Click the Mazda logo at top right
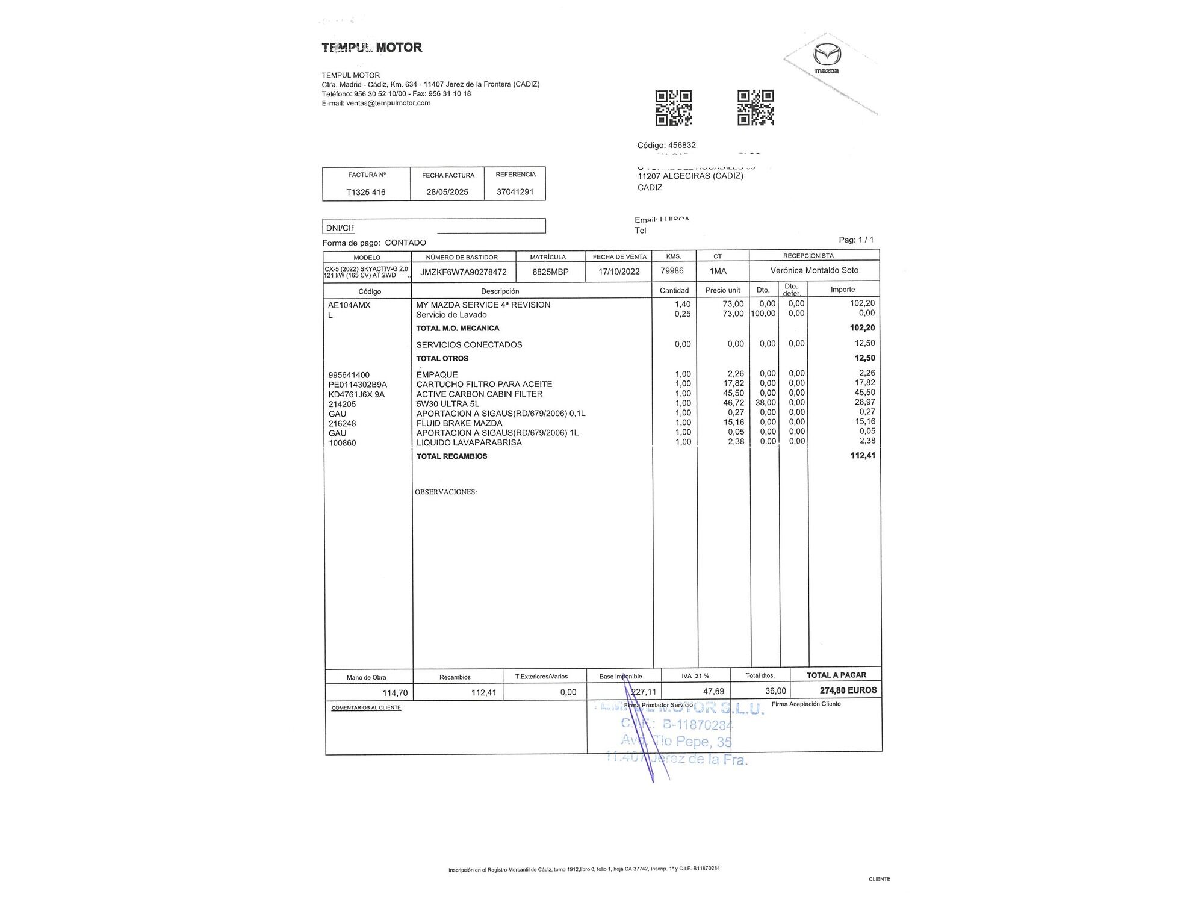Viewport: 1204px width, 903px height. [x=827, y=58]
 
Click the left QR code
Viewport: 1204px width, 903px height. [x=673, y=108]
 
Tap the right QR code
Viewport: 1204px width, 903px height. [x=756, y=108]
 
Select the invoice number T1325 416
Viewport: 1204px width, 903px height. [x=366, y=193]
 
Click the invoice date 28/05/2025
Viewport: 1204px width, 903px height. [x=447, y=193]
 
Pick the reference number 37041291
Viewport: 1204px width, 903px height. [x=515, y=193]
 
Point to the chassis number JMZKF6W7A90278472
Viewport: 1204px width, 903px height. [x=464, y=272]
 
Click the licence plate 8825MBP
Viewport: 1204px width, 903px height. [x=550, y=272]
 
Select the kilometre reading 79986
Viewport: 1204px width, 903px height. [x=672, y=271]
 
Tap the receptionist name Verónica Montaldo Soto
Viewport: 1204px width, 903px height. [x=815, y=271]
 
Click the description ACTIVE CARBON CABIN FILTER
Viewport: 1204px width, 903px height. [x=479, y=394]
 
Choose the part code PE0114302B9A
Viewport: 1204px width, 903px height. [x=358, y=385]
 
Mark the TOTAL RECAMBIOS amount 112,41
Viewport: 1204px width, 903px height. [x=863, y=456]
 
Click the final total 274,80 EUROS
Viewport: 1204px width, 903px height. [x=848, y=690]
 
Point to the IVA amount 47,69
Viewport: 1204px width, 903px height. [x=713, y=692]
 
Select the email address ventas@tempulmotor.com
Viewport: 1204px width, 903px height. [x=388, y=103]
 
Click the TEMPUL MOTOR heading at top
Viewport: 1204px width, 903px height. [x=372, y=48]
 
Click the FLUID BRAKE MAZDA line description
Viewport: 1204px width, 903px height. [x=459, y=423]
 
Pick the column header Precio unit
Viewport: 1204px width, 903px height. [x=722, y=290]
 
